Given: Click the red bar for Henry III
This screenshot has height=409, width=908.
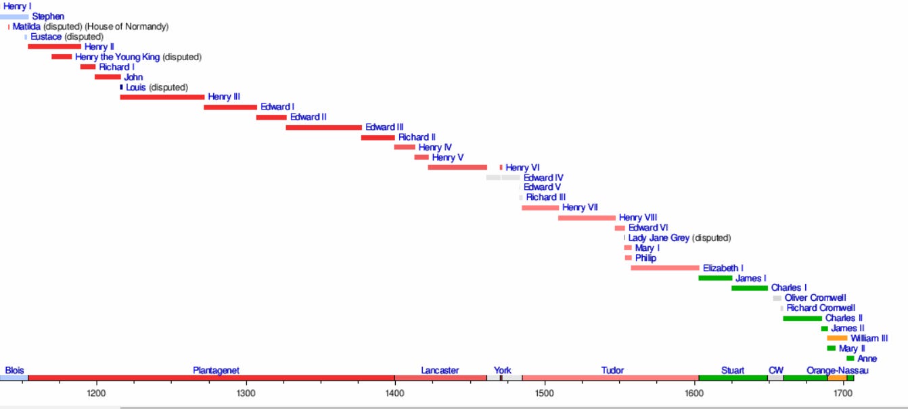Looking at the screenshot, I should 162,97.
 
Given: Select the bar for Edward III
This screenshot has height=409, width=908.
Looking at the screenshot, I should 323,127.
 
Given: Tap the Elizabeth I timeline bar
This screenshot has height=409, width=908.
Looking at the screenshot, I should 664,268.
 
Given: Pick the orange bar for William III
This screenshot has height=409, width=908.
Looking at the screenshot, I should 837,338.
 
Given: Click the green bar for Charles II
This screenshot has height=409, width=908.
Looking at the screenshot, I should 802,318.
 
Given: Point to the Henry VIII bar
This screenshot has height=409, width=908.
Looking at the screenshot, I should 587,218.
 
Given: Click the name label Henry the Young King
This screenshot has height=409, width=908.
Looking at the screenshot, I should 117,57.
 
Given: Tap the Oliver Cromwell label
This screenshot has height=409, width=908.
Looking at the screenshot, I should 815,298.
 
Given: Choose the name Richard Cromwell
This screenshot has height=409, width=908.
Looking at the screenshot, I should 821,308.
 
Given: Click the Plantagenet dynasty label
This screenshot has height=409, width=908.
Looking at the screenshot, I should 216,370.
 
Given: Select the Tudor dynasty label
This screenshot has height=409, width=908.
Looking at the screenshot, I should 612,370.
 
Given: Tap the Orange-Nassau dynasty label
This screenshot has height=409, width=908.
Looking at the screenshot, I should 837,370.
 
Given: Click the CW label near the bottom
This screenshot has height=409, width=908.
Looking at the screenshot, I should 775,370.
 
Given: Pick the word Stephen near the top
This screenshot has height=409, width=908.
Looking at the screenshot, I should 48,16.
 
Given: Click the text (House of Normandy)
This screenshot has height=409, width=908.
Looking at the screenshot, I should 127,26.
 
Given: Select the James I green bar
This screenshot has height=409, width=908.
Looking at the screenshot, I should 715,278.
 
